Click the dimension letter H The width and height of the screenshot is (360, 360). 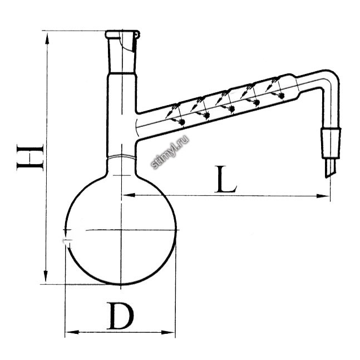30,157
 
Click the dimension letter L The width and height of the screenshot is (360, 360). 225,179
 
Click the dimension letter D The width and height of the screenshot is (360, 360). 120,315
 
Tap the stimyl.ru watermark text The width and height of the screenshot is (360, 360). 170,152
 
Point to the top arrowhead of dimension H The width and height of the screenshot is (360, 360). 47,38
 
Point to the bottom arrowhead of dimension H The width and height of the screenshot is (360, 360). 46,276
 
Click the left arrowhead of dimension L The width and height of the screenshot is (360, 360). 129,195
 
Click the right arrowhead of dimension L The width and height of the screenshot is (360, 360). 323,196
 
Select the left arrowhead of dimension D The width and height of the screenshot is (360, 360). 72,332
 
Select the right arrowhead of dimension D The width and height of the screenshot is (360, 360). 168,332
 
